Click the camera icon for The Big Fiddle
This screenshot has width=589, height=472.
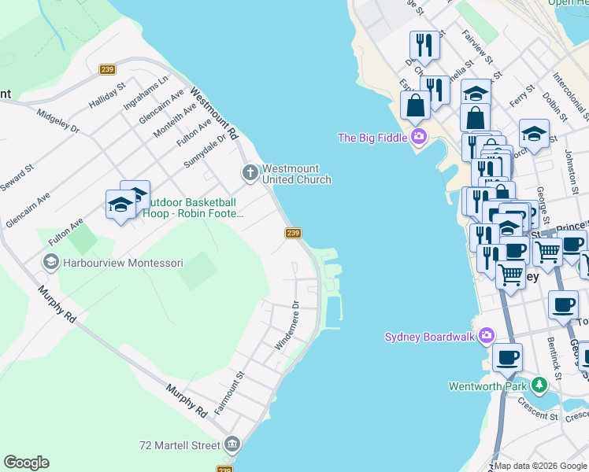pyautogui.click(x=418, y=138)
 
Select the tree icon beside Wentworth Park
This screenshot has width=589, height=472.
pyautogui.click(x=539, y=385)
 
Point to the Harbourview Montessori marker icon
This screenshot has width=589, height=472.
pyautogui.click(x=50, y=262)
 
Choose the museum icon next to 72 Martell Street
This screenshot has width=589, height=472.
pyautogui.click(x=232, y=445)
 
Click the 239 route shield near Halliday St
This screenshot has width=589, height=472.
pyautogui.click(x=108, y=70)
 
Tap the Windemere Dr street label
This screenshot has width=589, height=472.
pyautogui.click(x=287, y=326)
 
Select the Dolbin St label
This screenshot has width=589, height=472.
pyautogui.click(x=556, y=108)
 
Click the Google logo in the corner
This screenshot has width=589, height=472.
pyautogui.click(x=26, y=463)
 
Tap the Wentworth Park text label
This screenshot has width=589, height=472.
pyautogui.click(x=488, y=386)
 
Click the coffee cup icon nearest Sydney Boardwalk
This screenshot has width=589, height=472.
pyautogui.click(x=507, y=358)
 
